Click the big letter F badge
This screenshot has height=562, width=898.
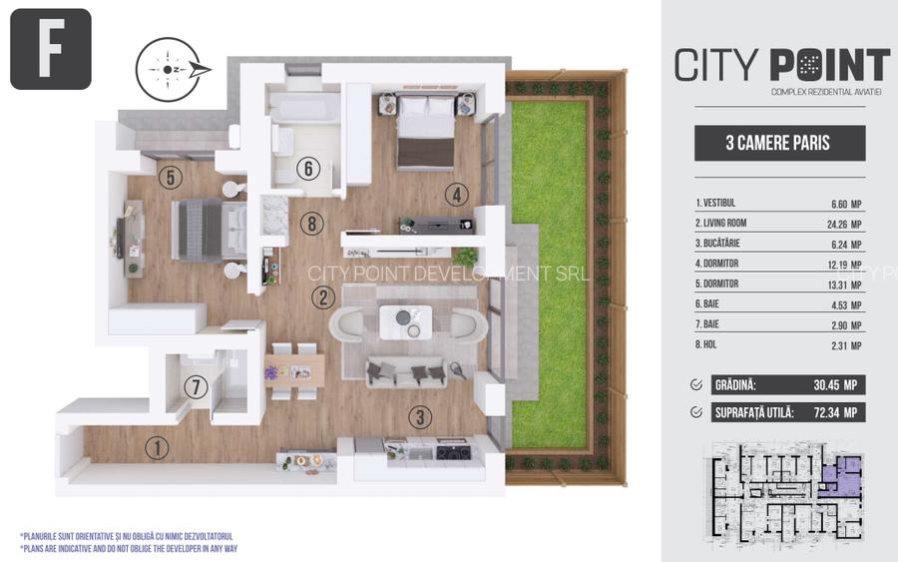pos(50,49)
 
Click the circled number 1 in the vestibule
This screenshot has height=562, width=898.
pos(156,448)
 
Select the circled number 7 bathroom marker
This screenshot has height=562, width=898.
pos(196,386)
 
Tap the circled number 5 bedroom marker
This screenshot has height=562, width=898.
pos(170,178)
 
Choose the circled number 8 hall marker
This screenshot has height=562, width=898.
pos(311,224)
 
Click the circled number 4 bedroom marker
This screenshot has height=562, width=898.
pos(455,195)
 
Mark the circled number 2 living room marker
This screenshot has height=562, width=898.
pos(321,295)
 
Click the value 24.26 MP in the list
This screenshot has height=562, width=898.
pos(845,223)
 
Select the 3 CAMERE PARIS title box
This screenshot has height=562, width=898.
pos(779,143)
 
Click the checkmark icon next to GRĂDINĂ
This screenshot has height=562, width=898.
pos(696,384)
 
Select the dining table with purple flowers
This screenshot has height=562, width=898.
pos(294,368)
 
